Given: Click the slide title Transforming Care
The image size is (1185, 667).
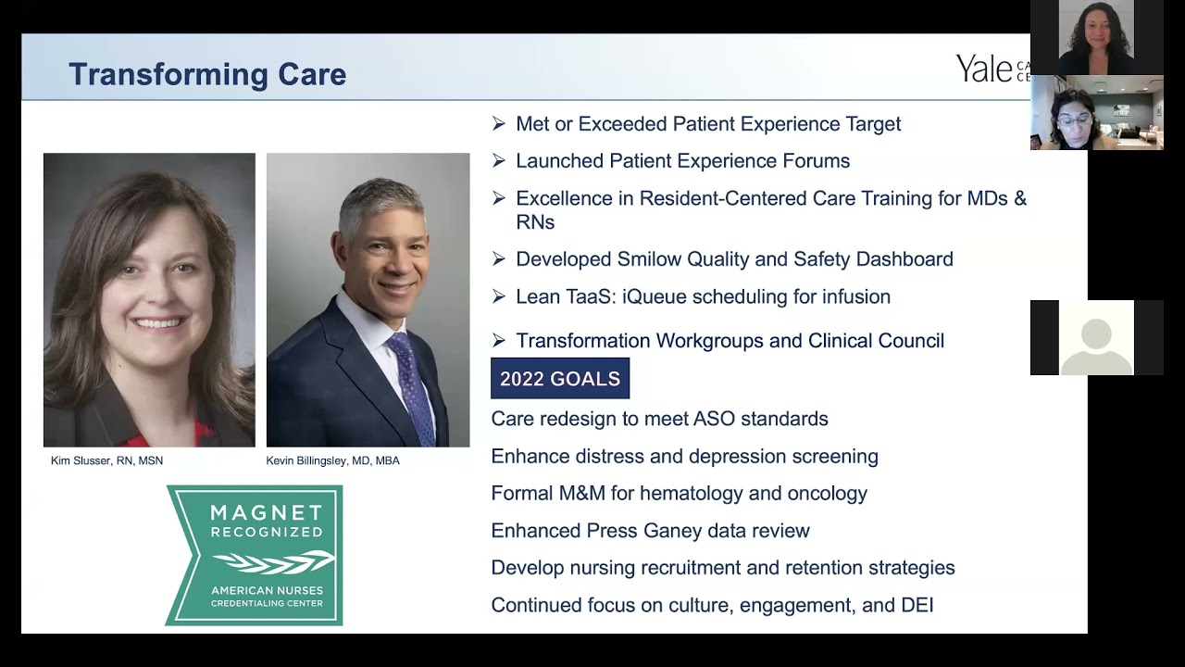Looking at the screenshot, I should pos(207,74).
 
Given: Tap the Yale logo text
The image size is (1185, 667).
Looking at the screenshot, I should pos(985,69).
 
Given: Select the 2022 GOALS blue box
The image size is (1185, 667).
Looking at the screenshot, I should pos(559,379).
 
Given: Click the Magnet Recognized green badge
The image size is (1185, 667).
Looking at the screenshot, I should pos(254,555).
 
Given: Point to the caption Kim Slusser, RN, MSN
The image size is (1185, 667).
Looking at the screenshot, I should pos(106,460).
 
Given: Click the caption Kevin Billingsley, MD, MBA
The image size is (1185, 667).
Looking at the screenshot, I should pos(332,460).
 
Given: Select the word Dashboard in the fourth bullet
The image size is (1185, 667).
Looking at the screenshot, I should pos(904,259).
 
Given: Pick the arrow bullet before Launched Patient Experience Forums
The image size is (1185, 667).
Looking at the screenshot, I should pos(499,161).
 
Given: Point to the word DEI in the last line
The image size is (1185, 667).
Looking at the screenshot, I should pos(917,606).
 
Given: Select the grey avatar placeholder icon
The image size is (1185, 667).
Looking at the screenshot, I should pos(1096,339).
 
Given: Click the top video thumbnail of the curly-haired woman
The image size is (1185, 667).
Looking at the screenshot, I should pos(1096,37).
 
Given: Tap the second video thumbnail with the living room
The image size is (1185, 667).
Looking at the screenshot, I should pos(1096,113).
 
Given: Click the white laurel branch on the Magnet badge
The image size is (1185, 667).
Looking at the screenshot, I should pos(273,561).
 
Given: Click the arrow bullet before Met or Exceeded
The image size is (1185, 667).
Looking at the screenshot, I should pos(499,124).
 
